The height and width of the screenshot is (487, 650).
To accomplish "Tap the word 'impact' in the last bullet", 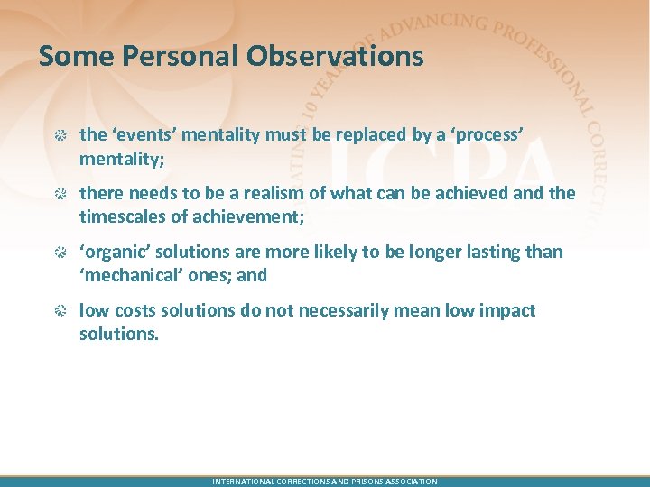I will [x=506, y=310].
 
